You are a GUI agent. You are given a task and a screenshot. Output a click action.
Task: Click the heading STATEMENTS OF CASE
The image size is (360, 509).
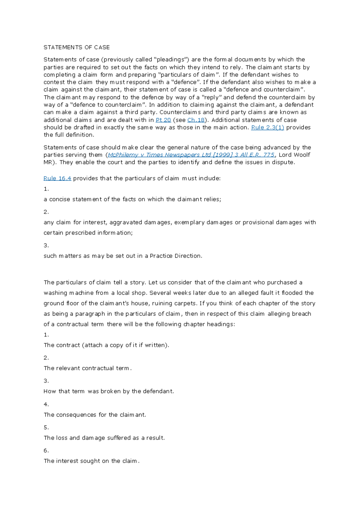coord(76,47)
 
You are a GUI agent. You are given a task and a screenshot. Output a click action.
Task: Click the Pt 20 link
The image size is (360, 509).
coord(163,120)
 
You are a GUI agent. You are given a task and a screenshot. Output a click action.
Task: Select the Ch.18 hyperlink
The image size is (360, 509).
coord(196,120)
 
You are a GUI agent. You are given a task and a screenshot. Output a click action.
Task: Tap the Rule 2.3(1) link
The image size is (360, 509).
coord(267,127)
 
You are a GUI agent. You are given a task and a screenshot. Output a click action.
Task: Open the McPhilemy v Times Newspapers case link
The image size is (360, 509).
coord(191,155)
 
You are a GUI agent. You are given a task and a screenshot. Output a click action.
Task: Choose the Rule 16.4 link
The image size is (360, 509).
coord(57,178)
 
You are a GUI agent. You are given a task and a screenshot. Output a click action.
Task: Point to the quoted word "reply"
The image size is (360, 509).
coord(211,97)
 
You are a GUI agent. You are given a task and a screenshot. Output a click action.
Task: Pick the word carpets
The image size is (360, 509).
coord(185,303)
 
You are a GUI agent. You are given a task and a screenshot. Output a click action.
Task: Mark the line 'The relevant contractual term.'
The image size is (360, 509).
coord(88,368)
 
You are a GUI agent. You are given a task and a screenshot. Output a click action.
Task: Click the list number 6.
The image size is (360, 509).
coord(46,450)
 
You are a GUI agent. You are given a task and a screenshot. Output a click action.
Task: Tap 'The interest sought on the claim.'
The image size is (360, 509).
coord(91,461)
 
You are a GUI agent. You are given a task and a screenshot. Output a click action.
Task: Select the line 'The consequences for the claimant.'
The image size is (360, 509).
coord(95,415)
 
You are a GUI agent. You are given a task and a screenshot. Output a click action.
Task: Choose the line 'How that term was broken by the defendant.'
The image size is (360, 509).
coord(109,391)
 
